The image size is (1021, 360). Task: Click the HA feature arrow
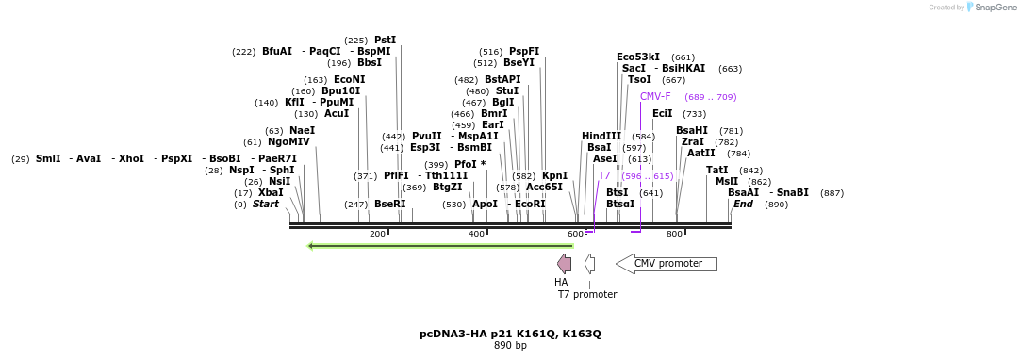pyautogui.click(x=564, y=263)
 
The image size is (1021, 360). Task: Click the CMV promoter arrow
pyautogui.click(x=666, y=264)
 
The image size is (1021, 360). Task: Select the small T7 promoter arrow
pyautogui.click(x=589, y=263)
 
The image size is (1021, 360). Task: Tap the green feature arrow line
pyautogui.click(x=440, y=246)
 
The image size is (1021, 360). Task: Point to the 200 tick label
pyautogui.click(x=377, y=234)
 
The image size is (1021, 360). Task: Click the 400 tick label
pyautogui.click(x=477, y=234)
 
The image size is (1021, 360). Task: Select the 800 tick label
pyautogui.click(x=674, y=234)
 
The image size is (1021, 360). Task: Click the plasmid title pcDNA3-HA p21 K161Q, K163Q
pyautogui.click(x=510, y=334)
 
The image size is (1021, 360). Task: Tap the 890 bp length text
pyautogui.click(x=510, y=345)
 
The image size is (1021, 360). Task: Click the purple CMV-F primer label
pyautogui.click(x=655, y=96)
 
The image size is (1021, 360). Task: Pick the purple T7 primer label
pyautogui.click(x=604, y=175)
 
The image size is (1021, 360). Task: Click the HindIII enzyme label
pyautogui.click(x=601, y=136)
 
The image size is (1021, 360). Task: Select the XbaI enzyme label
pyautogui.click(x=271, y=192)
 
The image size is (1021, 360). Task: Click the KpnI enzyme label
pyautogui.click(x=554, y=175)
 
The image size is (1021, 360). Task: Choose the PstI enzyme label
pyautogui.click(x=385, y=40)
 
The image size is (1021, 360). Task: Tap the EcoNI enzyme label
pyautogui.click(x=349, y=79)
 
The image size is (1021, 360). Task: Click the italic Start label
pyautogui.click(x=266, y=204)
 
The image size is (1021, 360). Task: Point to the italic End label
pyautogui.click(x=743, y=204)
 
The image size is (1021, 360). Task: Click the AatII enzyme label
pyautogui.click(x=700, y=153)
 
